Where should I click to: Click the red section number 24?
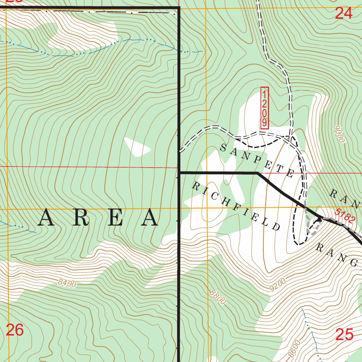pyautogui.click(x=344, y=13)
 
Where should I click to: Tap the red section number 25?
pyautogui.click(x=344, y=334)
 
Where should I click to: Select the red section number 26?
pyautogui.click(x=15, y=330)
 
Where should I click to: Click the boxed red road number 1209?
pyautogui.click(x=265, y=108)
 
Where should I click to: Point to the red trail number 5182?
pyautogui.click(x=345, y=216)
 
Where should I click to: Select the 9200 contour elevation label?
pyautogui.click(x=278, y=285)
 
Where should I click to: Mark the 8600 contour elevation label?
pyautogui.click(x=294, y=348)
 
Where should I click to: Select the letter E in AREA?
pyautogui.click(x=116, y=218)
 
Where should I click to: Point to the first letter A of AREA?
pyautogui.click(x=47, y=218)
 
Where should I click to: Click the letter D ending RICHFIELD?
pyautogui.click(x=276, y=227)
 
